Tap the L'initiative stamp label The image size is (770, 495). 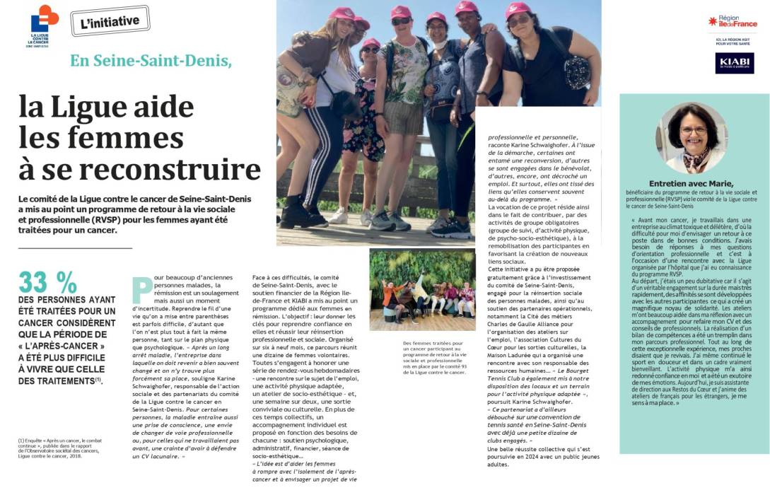pyautogui.click(x=110, y=22)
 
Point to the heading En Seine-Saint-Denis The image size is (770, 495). pyautogui.click(x=151, y=61)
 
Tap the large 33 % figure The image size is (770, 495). pyautogui.click(x=48, y=283)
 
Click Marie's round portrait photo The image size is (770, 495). pyautogui.click(x=694, y=138)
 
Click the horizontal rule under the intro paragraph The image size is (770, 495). pyautogui.click(x=75, y=248)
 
